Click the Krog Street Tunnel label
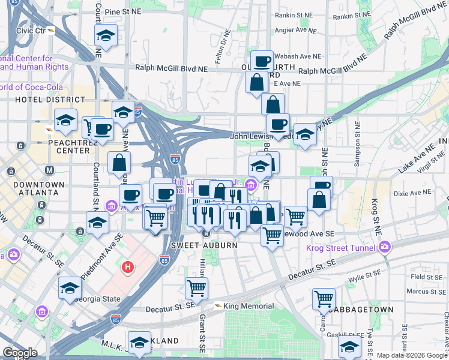click(x=340, y=247)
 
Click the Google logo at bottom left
click(x=20, y=353)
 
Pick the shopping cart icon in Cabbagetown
click(x=324, y=297)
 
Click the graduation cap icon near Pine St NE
click(x=106, y=36)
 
